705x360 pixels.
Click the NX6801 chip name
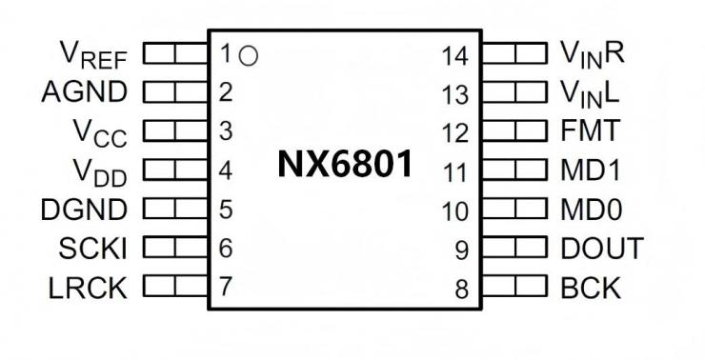click(x=346, y=165)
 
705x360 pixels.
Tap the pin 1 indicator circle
click(x=249, y=55)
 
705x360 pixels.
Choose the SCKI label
click(x=93, y=248)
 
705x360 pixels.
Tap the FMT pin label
click(x=591, y=130)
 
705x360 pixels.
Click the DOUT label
click(x=601, y=248)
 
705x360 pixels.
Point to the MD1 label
click(x=593, y=170)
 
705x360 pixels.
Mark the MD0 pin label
click(x=593, y=210)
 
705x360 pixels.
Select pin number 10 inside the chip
click(x=454, y=211)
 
